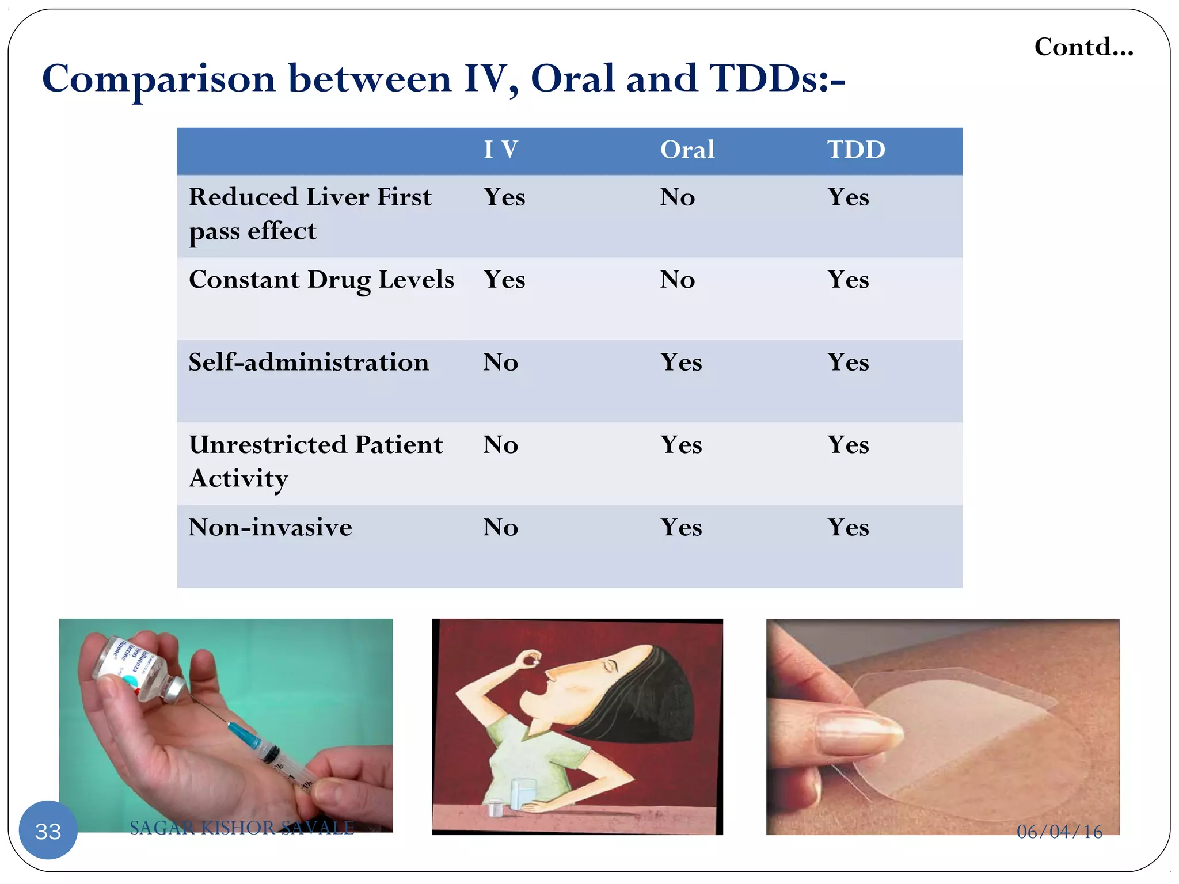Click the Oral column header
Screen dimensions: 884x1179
[x=687, y=150]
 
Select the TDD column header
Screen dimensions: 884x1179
[x=855, y=150]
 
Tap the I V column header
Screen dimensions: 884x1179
[x=500, y=150]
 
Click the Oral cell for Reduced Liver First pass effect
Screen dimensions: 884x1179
[x=677, y=197]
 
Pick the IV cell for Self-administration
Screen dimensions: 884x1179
[x=500, y=363]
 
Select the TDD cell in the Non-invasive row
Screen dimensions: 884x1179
[x=848, y=527]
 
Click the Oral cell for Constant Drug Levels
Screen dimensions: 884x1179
[x=677, y=280]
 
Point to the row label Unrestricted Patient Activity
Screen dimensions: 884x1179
[x=315, y=461]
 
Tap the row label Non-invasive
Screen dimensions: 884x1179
[x=270, y=527]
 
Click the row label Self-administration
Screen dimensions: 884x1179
[x=309, y=363]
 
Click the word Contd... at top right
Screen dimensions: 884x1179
[x=1083, y=47]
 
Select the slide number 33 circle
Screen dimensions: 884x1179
[x=48, y=830]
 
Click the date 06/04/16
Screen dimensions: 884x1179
[x=1059, y=831]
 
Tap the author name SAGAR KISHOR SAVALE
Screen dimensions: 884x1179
[x=242, y=828]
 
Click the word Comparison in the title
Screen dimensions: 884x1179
[x=159, y=79]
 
